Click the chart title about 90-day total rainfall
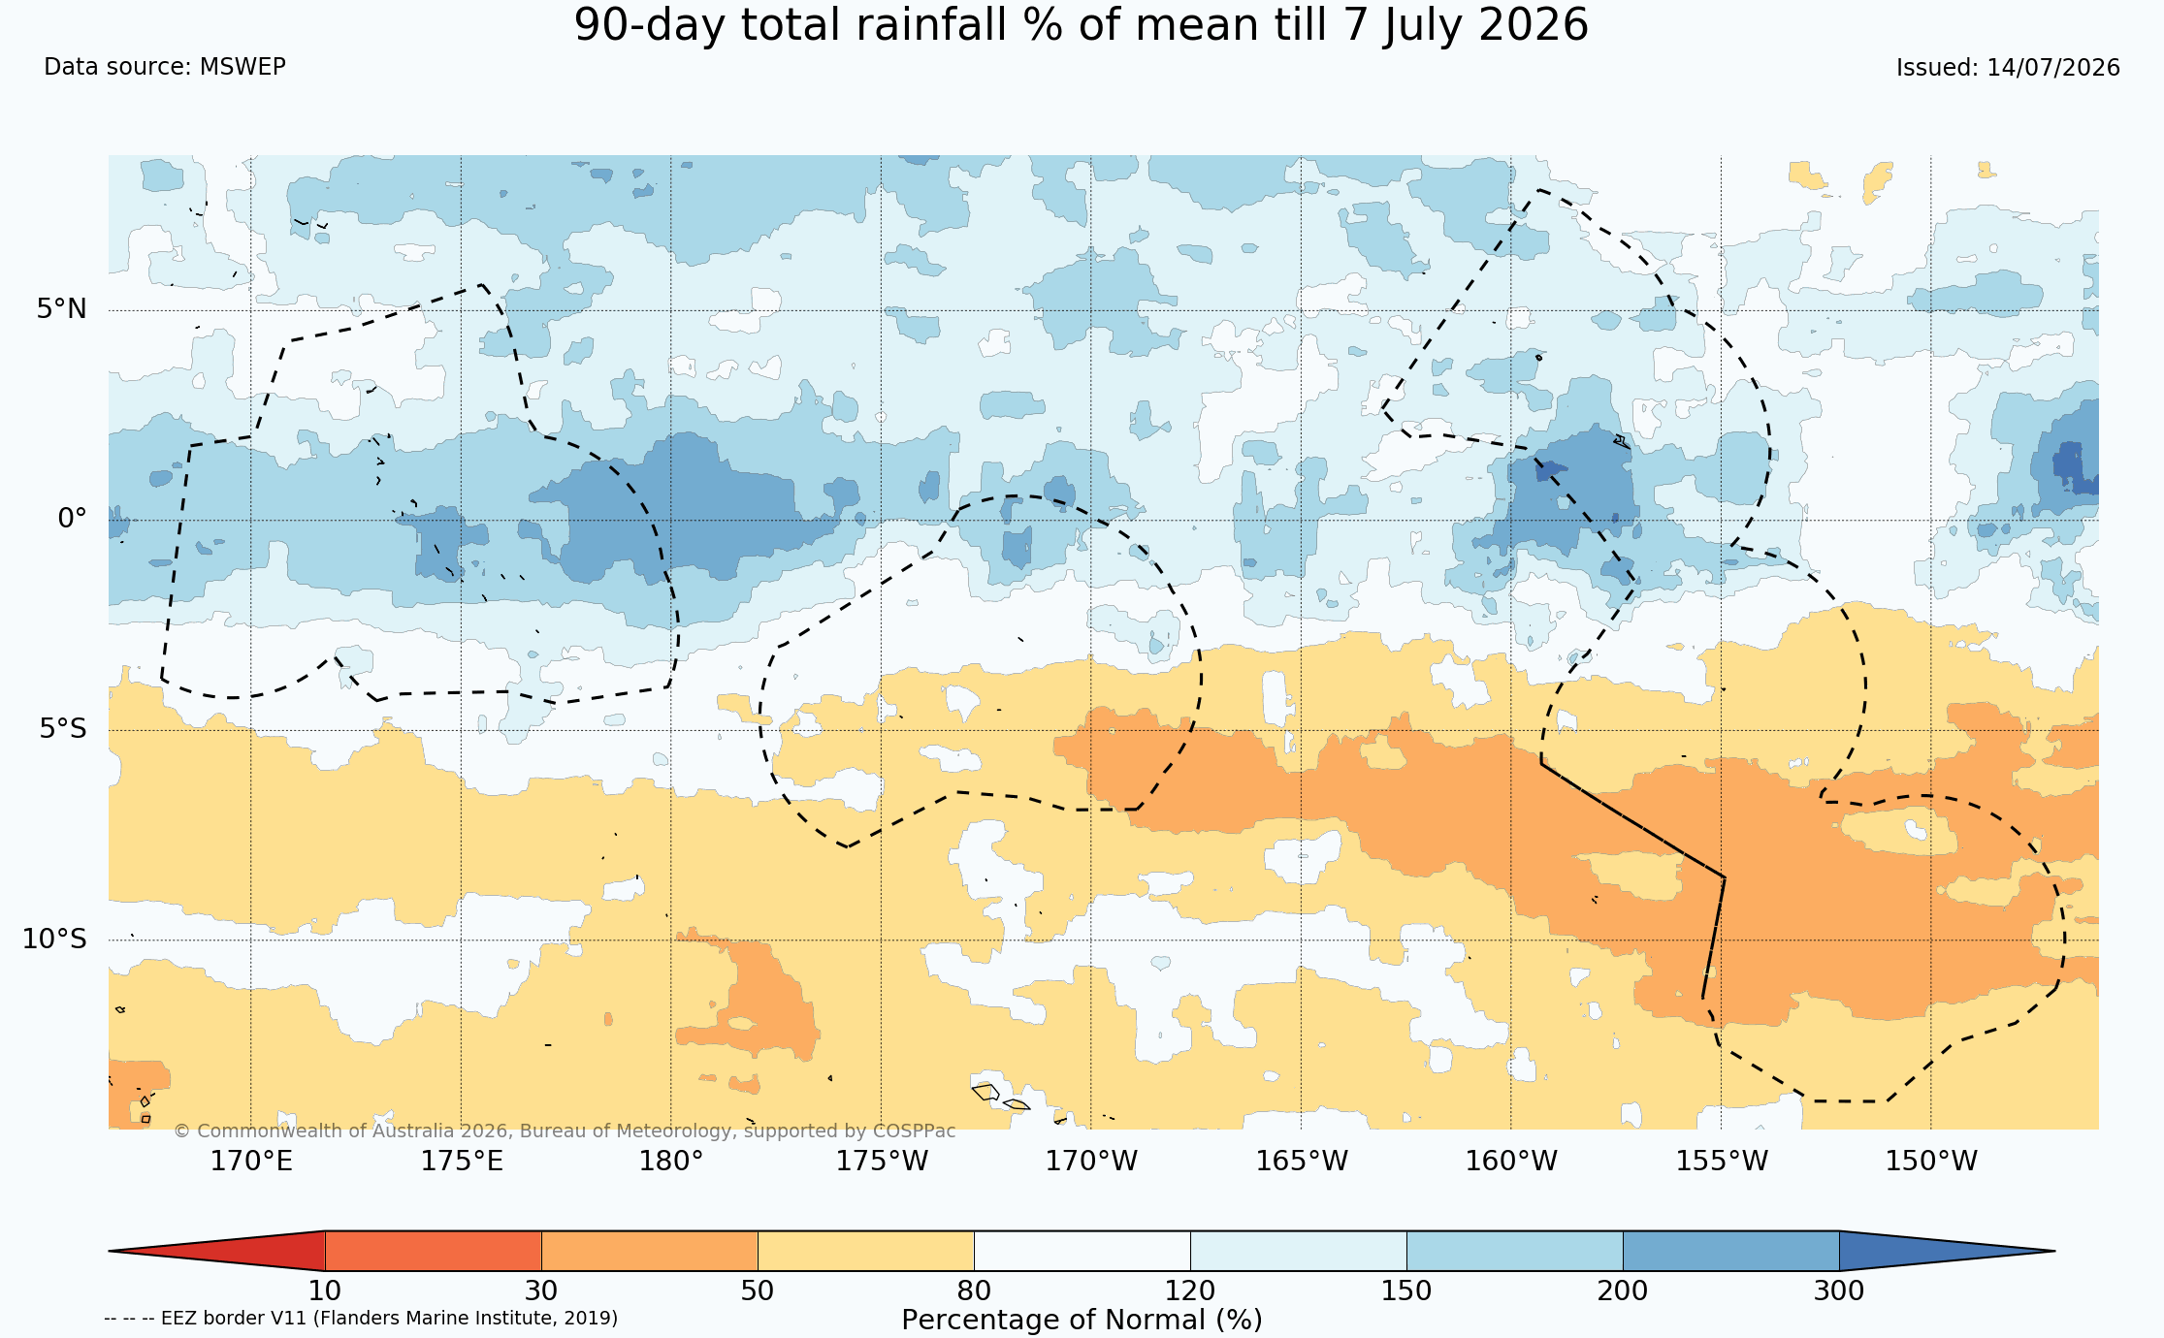1082,25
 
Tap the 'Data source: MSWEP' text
165,67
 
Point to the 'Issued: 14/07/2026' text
2008,68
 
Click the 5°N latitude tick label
62,309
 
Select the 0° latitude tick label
72,519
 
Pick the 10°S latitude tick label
54,939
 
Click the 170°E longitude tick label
251,1161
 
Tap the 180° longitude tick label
670,1161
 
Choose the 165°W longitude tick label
1302,1161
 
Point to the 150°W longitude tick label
1930,1161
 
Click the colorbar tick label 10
325,1291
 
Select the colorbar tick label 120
1190,1291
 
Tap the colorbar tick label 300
1839,1291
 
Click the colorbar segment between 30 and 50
650,1251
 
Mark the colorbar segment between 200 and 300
1731,1251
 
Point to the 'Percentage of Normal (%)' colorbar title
1082,1321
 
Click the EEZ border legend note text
361,1319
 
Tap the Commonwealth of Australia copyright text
565,1131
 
